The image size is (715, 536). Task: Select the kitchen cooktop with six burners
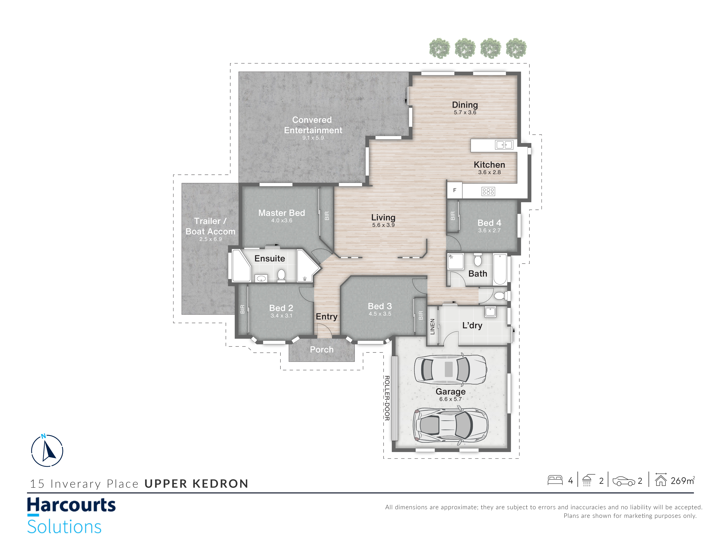pos(488,191)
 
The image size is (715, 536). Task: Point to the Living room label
pos(383,217)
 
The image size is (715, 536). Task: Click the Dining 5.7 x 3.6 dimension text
pos(465,112)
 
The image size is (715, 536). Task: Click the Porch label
pos(322,350)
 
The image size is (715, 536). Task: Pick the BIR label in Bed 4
pos(453,216)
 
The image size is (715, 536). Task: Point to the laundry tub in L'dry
pos(490,312)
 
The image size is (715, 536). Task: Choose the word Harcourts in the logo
pos(71,505)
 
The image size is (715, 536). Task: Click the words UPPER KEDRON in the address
pos(196,484)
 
